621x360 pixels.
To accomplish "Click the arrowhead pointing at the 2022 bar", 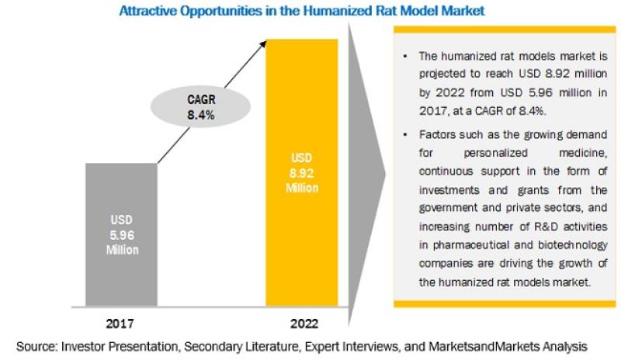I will coord(265,47).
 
